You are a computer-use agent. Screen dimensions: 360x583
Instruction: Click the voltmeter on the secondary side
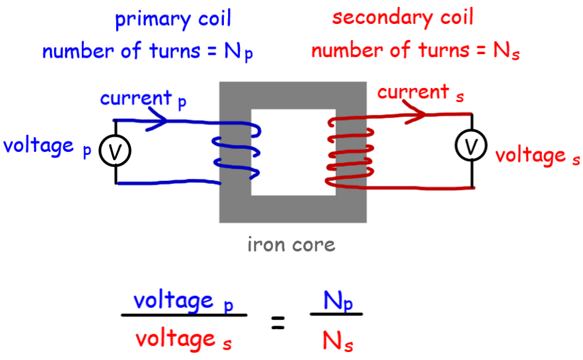pos(471,146)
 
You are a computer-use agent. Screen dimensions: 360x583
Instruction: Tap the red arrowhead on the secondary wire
pos(419,114)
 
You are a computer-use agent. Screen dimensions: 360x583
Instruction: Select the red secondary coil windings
pos(349,151)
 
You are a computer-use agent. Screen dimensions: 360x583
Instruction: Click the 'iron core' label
pos(291,245)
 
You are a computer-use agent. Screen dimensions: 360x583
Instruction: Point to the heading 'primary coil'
pos(173,19)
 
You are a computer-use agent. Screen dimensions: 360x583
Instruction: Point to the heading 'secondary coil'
pos(403,17)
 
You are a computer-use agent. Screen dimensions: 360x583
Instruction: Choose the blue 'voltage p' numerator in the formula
pos(183,302)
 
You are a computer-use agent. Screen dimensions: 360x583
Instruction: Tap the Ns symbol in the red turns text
pos(507,50)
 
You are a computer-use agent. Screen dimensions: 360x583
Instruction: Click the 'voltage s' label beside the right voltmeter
pos(537,156)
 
